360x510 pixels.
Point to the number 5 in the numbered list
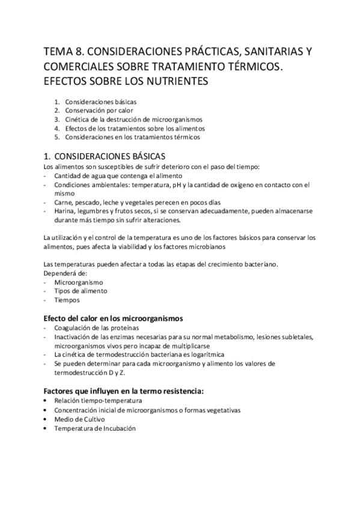56,137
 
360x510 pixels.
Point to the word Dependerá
58,273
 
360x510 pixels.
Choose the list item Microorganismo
79,282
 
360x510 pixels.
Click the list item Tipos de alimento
81,291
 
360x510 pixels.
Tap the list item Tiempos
67,300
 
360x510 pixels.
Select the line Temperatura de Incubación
95,428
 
